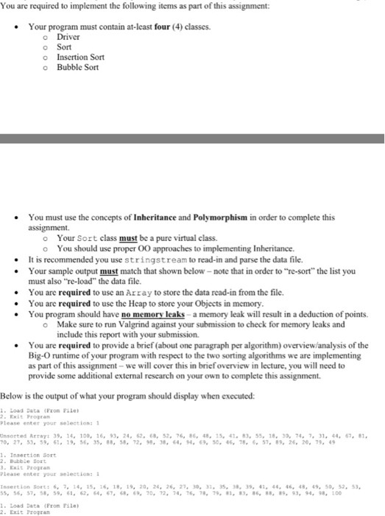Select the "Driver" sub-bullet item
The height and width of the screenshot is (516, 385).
(68, 37)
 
